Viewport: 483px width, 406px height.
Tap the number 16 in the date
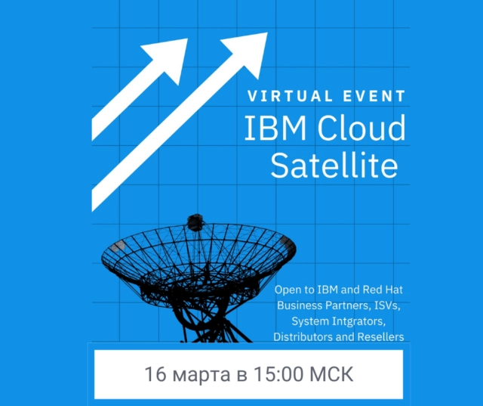pyautogui.click(x=155, y=374)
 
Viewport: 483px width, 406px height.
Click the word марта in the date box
pyautogui.click(x=197, y=374)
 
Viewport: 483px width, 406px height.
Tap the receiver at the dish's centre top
pyautogui.click(x=195, y=222)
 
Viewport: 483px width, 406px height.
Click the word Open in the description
pyautogui.click(x=288, y=290)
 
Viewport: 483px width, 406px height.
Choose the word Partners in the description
pyautogui.click(x=349, y=305)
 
